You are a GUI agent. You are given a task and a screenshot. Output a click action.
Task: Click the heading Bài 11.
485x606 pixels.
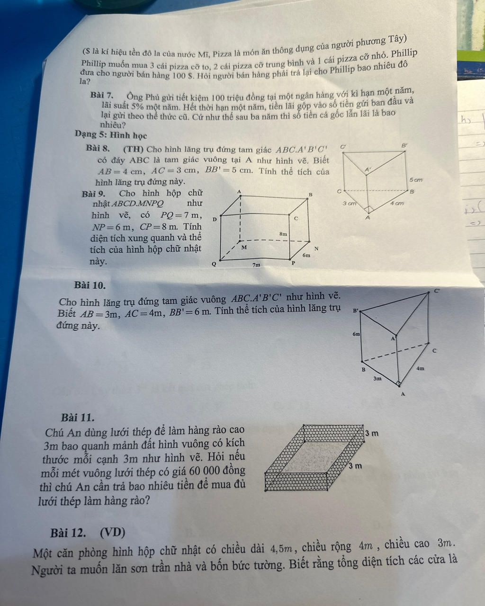click(77, 418)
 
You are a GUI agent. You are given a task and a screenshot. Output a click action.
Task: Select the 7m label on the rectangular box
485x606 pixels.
click(256, 265)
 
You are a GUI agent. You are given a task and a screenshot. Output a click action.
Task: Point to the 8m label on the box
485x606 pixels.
click(284, 234)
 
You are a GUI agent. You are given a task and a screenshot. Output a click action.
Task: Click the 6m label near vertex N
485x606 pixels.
click(306, 255)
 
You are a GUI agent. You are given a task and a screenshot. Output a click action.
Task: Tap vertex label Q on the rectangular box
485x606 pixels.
click(214, 264)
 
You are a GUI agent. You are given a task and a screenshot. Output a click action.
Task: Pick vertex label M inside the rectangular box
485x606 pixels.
click(244, 248)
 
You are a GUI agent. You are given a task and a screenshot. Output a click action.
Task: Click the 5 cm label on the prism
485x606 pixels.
click(415, 180)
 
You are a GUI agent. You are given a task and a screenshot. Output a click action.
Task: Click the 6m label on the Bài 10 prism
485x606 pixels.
click(356, 334)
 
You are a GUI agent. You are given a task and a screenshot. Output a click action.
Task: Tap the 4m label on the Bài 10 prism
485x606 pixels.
click(420, 368)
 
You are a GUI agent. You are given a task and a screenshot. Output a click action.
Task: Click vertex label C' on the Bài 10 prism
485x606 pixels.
click(437, 291)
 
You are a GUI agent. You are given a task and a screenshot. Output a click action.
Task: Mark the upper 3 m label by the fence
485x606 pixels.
click(372, 433)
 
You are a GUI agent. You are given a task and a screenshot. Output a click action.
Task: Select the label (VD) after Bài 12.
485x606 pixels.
click(113, 533)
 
